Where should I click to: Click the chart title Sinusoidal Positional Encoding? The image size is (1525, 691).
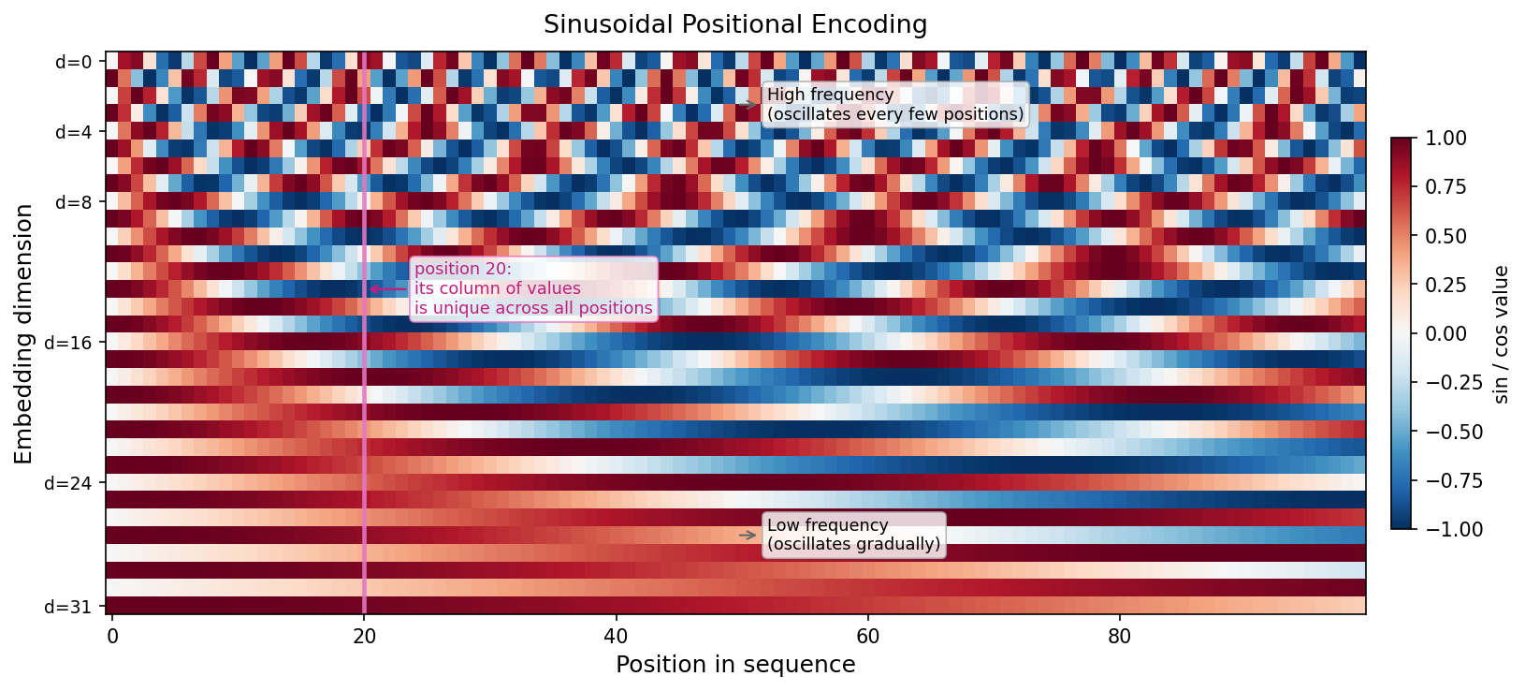coord(735,24)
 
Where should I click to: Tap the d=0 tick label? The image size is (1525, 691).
coord(74,63)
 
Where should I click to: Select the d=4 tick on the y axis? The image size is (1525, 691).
coord(74,132)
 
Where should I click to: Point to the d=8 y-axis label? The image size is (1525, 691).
coord(74,202)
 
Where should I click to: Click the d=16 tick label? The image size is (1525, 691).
coord(70,343)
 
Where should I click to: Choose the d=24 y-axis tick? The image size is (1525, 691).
coord(70,483)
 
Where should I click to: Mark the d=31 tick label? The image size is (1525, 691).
coord(70,607)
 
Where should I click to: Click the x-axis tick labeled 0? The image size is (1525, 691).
coord(112,637)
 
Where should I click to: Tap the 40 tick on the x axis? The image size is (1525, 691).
coord(616,637)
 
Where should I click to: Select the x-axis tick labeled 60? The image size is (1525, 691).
coord(867,637)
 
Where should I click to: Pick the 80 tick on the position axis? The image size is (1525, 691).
coord(1119,637)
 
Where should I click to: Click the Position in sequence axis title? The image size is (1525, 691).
coord(735,665)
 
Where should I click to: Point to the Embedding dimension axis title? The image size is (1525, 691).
coord(24,334)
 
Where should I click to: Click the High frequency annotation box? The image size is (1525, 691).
coord(895,104)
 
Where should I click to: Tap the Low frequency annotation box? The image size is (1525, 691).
coord(853,535)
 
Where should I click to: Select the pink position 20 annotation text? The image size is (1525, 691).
coord(533,288)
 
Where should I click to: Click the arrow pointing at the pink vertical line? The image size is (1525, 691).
coord(387,289)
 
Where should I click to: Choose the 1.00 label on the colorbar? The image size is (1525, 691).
coord(1446,139)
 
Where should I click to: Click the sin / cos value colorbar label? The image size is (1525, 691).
coord(1502,334)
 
